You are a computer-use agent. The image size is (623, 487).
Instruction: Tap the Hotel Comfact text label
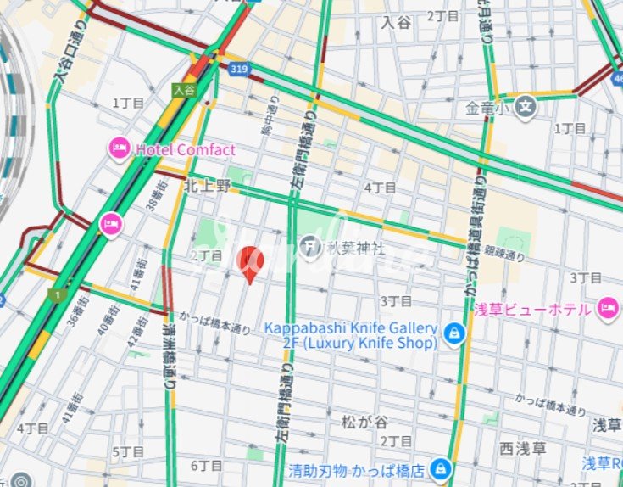(x=185, y=150)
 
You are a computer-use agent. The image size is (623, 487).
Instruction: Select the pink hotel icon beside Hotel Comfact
(x=120, y=149)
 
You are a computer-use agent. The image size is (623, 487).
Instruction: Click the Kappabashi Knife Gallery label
(x=351, y=335)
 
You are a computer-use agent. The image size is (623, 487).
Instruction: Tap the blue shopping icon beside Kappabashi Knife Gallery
(x=455, y=331)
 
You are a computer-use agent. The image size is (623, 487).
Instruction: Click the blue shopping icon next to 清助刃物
(x=440, y=468)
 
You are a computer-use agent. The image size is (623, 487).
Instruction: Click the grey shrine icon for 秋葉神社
(x=310, y=248)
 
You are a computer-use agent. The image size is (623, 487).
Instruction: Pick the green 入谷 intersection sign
(x=184, y=88)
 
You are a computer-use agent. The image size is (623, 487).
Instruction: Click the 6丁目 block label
(x=206, y=465)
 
